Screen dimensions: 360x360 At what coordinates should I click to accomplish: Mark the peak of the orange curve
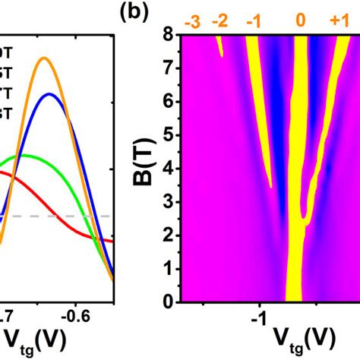pos(45,58)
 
